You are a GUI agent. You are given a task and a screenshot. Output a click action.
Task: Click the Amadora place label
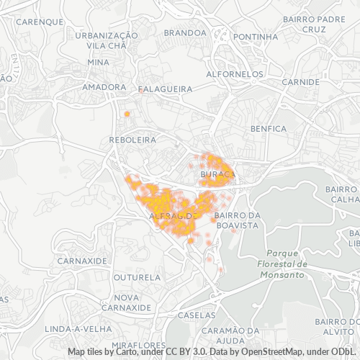tap(104, 87)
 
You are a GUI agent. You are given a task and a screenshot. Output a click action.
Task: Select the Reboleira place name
tap(132, 140)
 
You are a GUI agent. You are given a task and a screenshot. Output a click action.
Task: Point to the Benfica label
tap(269, 128)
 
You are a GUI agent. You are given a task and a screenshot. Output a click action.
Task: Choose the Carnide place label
tap(301, 81)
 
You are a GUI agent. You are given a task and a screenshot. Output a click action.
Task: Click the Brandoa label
tap(185, 32)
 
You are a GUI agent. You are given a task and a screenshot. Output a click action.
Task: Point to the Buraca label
tap(215, 174)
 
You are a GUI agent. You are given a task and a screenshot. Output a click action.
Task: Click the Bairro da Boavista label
tap(236, 220)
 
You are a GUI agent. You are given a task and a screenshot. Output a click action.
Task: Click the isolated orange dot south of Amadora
tap(127, 114)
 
